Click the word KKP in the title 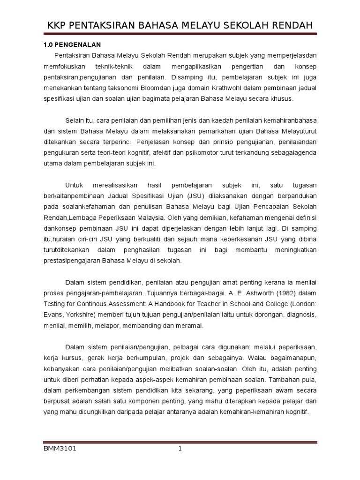(x=57, y=26)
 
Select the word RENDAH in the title (x=289, y=26)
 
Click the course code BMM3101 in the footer (x=60, y=449)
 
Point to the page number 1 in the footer (x=180, y=449)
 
